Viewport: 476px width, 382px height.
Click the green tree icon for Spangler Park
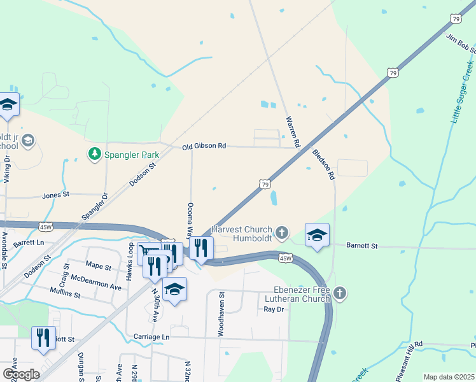[94, 153]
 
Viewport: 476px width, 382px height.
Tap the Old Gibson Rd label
[204, 146]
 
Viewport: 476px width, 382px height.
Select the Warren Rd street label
[293, 132]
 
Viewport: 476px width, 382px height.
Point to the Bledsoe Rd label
[323, 165]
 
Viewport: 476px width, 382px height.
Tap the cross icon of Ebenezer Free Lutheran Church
[340, 294]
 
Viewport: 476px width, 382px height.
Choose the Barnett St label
[361, 245]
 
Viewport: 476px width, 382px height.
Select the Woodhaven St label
[222, 313]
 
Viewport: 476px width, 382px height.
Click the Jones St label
[55, 195]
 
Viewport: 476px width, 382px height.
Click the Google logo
[21, 374]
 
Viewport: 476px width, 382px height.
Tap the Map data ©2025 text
[448, 377]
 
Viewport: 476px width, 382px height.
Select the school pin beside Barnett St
[317, 235]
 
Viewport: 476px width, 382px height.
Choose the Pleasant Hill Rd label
[409, 361]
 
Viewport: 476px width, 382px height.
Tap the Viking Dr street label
[7, 169]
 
